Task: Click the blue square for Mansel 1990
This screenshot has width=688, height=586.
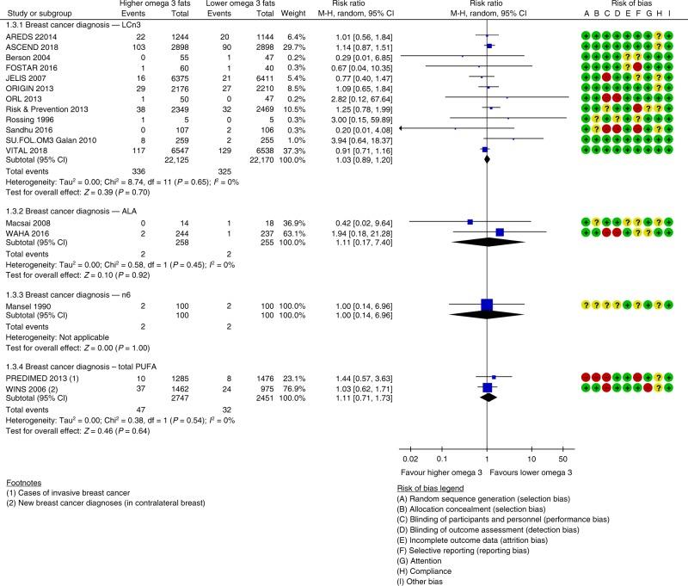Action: pyautogui.click(x=487, y=304)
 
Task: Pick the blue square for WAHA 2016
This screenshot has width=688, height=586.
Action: pyautogui.click(x=500, y=231)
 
